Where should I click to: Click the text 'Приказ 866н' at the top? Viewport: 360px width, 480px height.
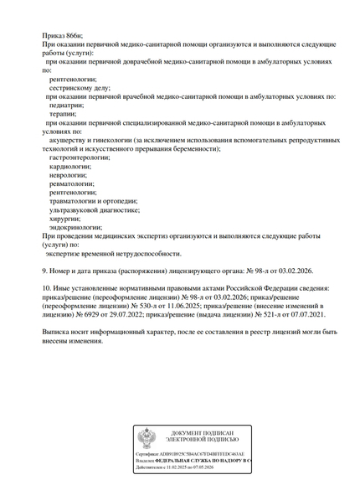(x=63, y=34)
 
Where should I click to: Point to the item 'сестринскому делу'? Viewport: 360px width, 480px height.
(x=80, y=87)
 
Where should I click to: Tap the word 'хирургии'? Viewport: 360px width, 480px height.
(x=65, y=218)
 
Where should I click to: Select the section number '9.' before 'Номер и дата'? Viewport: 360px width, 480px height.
(x=44, y=271)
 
